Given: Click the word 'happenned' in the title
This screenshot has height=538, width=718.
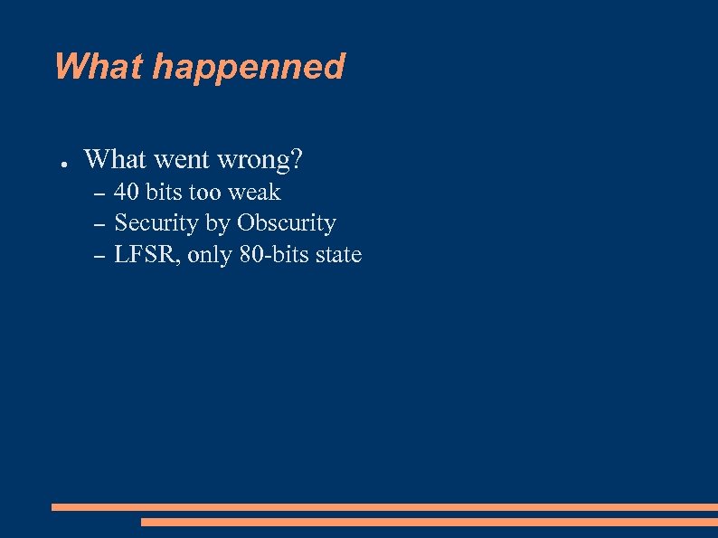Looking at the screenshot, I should (x=249, y=68).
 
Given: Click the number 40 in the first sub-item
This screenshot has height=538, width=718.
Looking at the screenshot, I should (x=127, y=193).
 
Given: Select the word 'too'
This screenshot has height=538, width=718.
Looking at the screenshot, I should (x=204, y=193).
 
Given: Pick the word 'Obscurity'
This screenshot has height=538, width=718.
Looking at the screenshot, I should (x=287, y=223).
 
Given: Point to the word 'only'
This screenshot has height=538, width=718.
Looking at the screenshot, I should (x=211, y=256).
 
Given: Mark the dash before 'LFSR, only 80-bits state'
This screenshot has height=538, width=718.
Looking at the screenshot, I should (x=100, y=257).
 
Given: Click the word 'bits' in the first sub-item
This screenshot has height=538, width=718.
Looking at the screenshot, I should (x=164, y=193).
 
